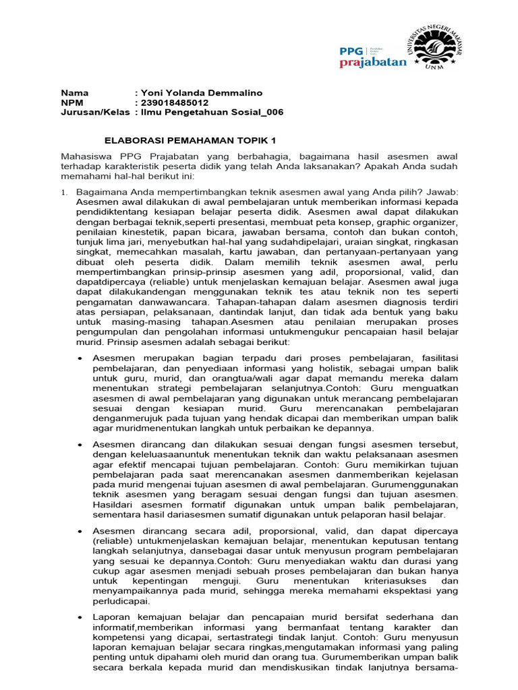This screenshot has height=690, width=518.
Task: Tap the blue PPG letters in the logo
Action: tap(351, 51)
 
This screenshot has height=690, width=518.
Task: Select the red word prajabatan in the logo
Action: tap(372, 63)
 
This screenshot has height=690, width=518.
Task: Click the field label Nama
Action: tap(74, 92)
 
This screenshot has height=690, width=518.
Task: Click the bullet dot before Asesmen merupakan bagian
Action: tap(80, 358)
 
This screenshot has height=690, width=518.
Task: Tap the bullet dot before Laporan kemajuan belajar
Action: tap(80, 617)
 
